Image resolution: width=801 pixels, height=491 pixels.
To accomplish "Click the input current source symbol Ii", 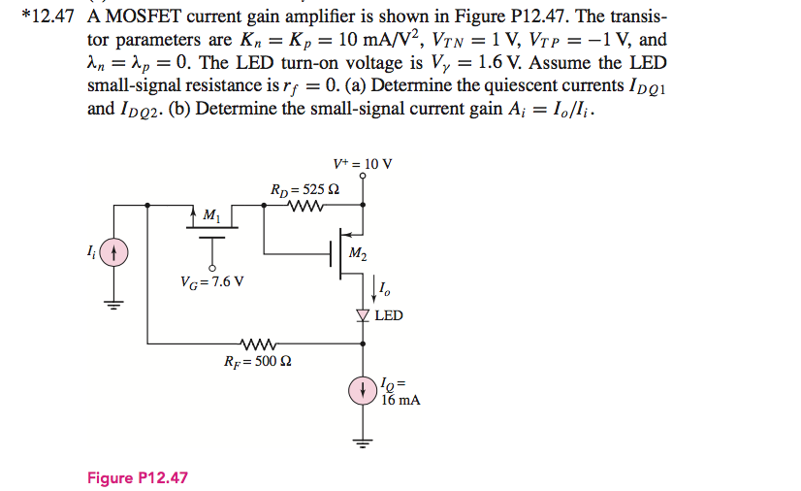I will pos(114,254).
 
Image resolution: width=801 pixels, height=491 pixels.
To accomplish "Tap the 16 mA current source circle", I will pos(364,390).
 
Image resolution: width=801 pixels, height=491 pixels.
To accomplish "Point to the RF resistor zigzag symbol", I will pos(257,343).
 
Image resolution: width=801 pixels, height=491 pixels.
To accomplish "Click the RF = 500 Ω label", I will pos(258,361).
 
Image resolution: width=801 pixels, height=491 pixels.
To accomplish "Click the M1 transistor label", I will pos(212,214).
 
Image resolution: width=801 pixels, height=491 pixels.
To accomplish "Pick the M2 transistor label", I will pos(357,255).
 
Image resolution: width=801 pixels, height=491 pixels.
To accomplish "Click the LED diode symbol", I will pos(364,315).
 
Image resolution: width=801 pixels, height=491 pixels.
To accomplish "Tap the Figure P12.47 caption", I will pos(137,478).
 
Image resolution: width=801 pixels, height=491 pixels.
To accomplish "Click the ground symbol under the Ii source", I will pos(114,304).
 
